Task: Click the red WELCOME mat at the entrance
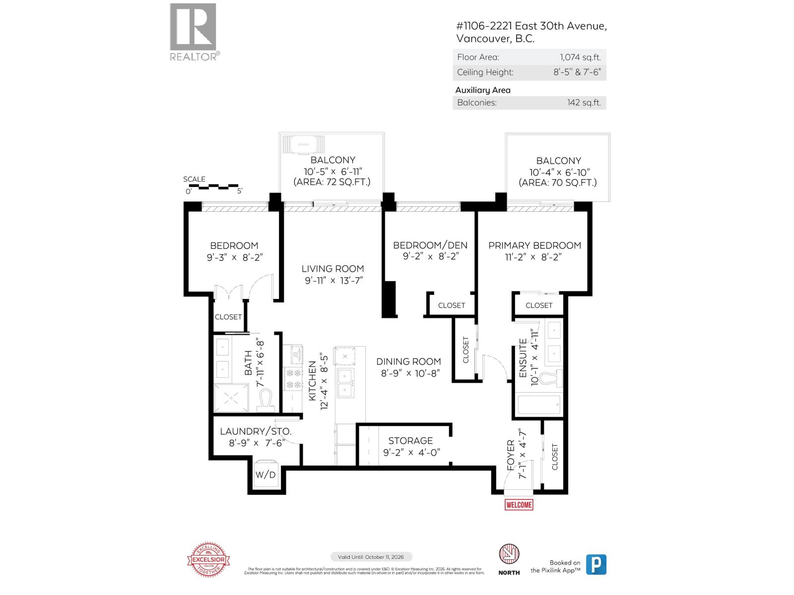pos(519,505)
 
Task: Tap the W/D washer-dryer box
pos(265,475)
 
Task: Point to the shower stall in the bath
pos(231,397)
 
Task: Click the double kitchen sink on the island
pos(345,383)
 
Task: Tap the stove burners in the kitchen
pos(292,378)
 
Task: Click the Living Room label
pos(332,269)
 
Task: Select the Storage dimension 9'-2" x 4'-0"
pos(411,453)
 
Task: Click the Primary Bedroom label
pos(534,245)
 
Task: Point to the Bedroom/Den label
pos(430,245)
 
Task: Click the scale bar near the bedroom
pos(213,187)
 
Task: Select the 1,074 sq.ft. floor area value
pos(577,57)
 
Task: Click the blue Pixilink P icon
pos(596,564)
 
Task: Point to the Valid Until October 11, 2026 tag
pos(371,557)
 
